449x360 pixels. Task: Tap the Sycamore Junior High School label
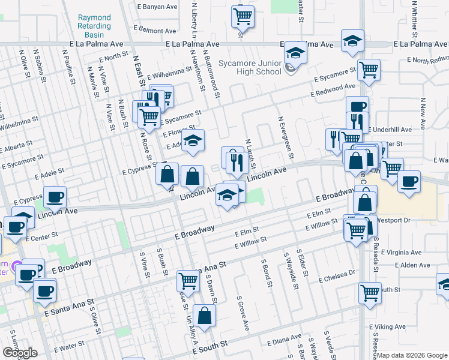pos(250,67)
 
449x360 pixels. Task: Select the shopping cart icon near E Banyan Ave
pos(243,16)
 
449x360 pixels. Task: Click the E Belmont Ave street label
pos(157,29)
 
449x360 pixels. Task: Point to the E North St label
pos(115,57)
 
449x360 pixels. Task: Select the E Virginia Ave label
pos(401,252)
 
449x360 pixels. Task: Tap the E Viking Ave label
pos(389,327)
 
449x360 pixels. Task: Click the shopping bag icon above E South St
pos(205,316)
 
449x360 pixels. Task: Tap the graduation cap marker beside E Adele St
pos(193,142)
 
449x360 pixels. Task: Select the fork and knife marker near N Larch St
pos(236,160)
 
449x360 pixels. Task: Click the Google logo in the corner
pos(20,353)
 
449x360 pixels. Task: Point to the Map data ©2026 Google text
pos(412,355)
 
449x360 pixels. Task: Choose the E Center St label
pos(41,238)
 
